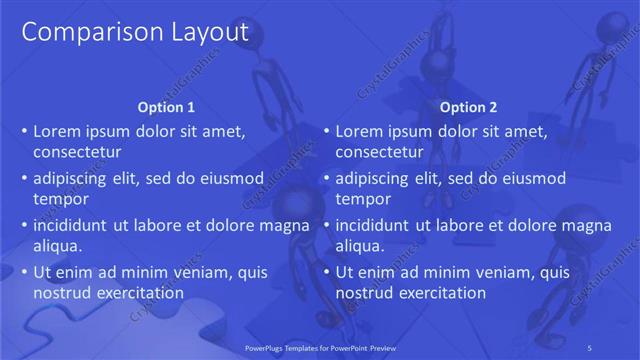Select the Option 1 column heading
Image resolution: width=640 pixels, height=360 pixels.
coord(165,107)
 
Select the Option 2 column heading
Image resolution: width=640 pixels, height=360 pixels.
coord(467,107)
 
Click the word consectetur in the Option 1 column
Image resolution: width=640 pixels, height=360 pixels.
coord(77,153)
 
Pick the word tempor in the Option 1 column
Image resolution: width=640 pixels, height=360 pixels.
coord(61,200)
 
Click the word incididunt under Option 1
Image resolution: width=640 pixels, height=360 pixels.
coord(71,225)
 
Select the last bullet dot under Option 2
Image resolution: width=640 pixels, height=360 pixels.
coord(326,273)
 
